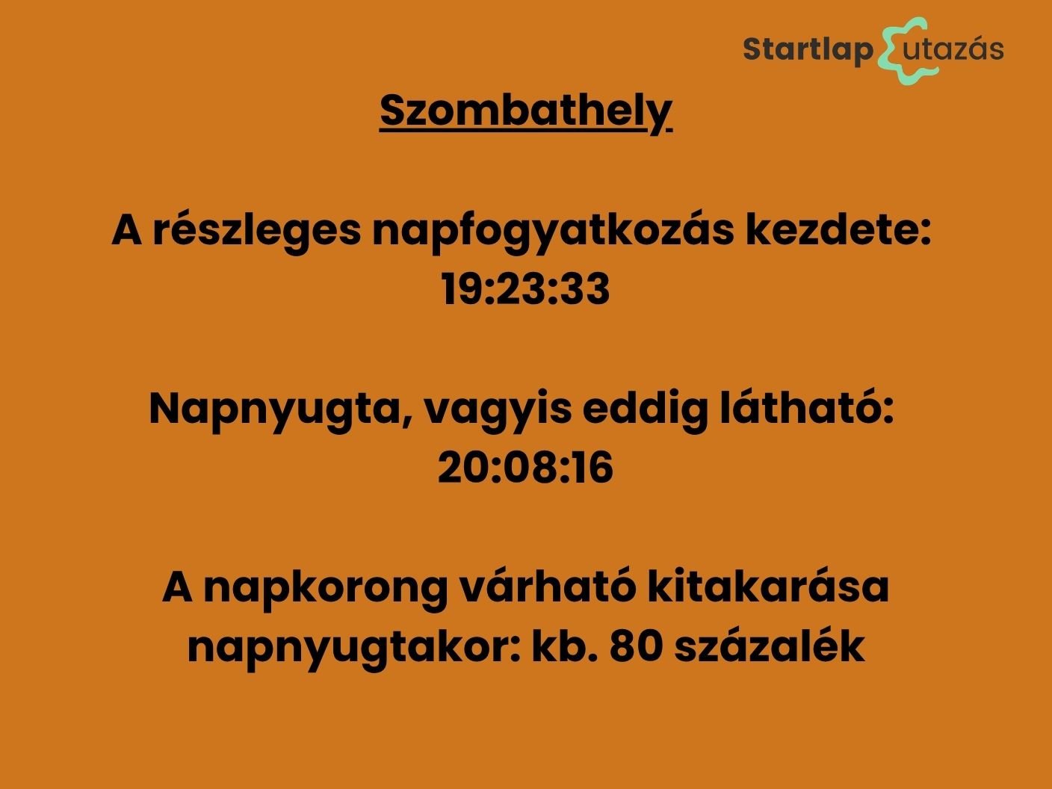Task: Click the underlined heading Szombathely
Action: [x=526, y=113]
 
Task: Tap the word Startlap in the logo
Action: [x=808, y=49]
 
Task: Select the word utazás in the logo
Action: [x=953, y=48]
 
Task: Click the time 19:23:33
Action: [x=525, y=289]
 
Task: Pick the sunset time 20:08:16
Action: [x=525, y=468]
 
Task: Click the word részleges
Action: [x=257, y=232]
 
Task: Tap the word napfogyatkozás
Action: [x=554, y=232]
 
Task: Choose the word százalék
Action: [x=770, y=645]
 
